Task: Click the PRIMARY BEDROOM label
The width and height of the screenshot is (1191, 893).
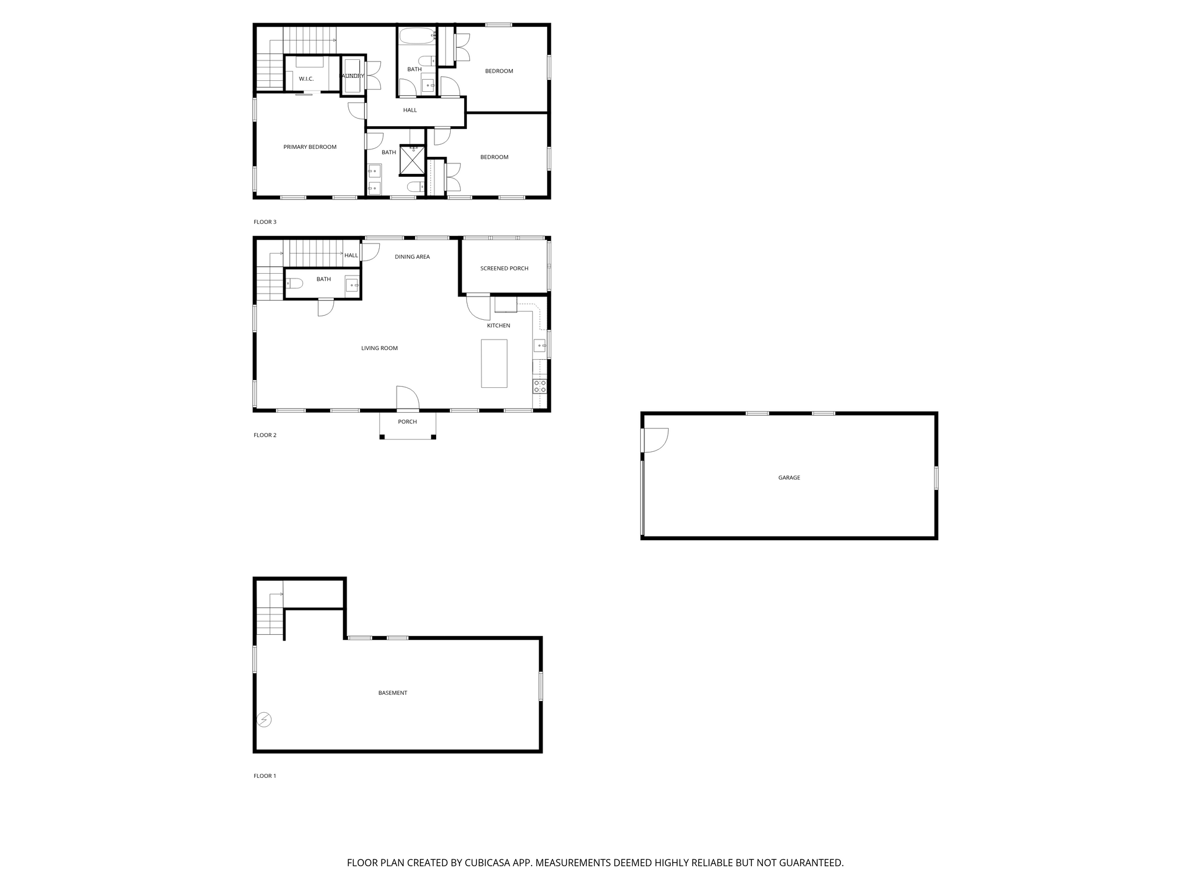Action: [x=310, y=147]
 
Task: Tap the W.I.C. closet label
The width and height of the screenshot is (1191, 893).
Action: [x=306, y=79]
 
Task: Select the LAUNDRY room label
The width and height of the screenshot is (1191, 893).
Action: [x=352, y=76]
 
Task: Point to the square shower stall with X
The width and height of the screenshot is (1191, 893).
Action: [x=412, y=160]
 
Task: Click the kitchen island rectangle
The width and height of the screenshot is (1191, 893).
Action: [x=494, y=363]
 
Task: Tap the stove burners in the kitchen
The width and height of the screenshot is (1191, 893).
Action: [x=540, y=386]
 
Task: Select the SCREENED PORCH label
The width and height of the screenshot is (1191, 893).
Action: [x=504, y=269]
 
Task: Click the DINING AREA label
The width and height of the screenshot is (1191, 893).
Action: [x=412, y=257]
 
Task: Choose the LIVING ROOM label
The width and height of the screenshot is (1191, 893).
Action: [x=379, y=348]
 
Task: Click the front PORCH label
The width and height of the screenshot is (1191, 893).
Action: [x=408, y=422]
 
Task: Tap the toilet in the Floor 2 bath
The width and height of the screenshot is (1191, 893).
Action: [x=295, y=284]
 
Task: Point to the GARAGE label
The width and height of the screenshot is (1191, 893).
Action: [x=789, y=478]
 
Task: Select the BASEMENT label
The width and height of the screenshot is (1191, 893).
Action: [x=393, y=693]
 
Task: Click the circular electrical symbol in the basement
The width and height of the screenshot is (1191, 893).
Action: [x=264, y=720]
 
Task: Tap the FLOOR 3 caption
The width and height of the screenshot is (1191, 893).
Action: [x=265, y=222]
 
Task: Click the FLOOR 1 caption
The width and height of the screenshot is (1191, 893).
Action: [x=265, y=776]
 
